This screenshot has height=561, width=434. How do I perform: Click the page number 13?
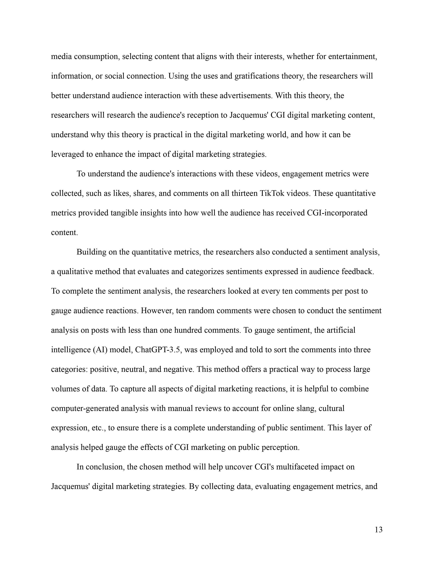coord(378,530)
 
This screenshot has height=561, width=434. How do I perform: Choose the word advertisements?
coord(244,95)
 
